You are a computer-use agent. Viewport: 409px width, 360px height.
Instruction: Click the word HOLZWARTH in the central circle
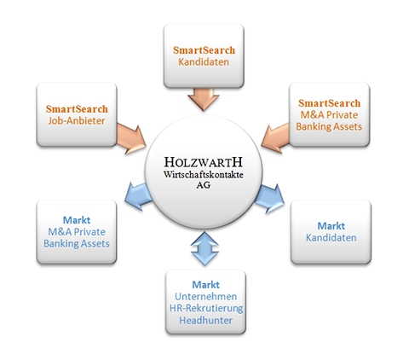pos(204,162)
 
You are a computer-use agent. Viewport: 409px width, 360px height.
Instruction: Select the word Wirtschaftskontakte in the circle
pos(204,174)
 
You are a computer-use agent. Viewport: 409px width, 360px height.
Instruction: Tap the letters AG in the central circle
pos(204,185)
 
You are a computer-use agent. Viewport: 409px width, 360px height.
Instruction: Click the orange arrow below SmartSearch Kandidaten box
pos(204,99)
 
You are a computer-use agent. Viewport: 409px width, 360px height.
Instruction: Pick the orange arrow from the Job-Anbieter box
pos(131,138)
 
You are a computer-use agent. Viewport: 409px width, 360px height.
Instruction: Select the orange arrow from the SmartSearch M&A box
pos(275,138)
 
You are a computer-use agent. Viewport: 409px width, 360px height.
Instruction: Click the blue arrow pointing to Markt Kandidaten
pos(269,198)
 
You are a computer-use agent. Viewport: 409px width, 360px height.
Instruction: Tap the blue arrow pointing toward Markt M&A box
pos(139,196)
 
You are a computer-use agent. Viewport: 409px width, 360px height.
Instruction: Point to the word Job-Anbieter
pos(77,121)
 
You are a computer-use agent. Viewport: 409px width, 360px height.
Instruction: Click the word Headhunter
pos(205,321)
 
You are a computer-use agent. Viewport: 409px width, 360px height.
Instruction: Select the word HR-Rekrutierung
pos(206,309)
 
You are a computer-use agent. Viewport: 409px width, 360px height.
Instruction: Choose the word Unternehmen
pos(205,297)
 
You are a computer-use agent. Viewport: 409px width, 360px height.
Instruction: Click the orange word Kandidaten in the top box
pos(204,62)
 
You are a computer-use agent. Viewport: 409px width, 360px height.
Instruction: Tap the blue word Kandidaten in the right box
pos(331,238)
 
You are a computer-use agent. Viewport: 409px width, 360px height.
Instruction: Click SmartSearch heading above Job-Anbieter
pos(77,109)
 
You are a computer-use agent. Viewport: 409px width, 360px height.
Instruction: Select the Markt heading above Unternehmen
pos(205,285)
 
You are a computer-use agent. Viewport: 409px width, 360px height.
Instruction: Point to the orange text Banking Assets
pos(329,126)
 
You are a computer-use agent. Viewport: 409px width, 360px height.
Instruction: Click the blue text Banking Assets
pos(77,244)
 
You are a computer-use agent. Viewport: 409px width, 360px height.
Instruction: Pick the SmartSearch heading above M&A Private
pos(329,103)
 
